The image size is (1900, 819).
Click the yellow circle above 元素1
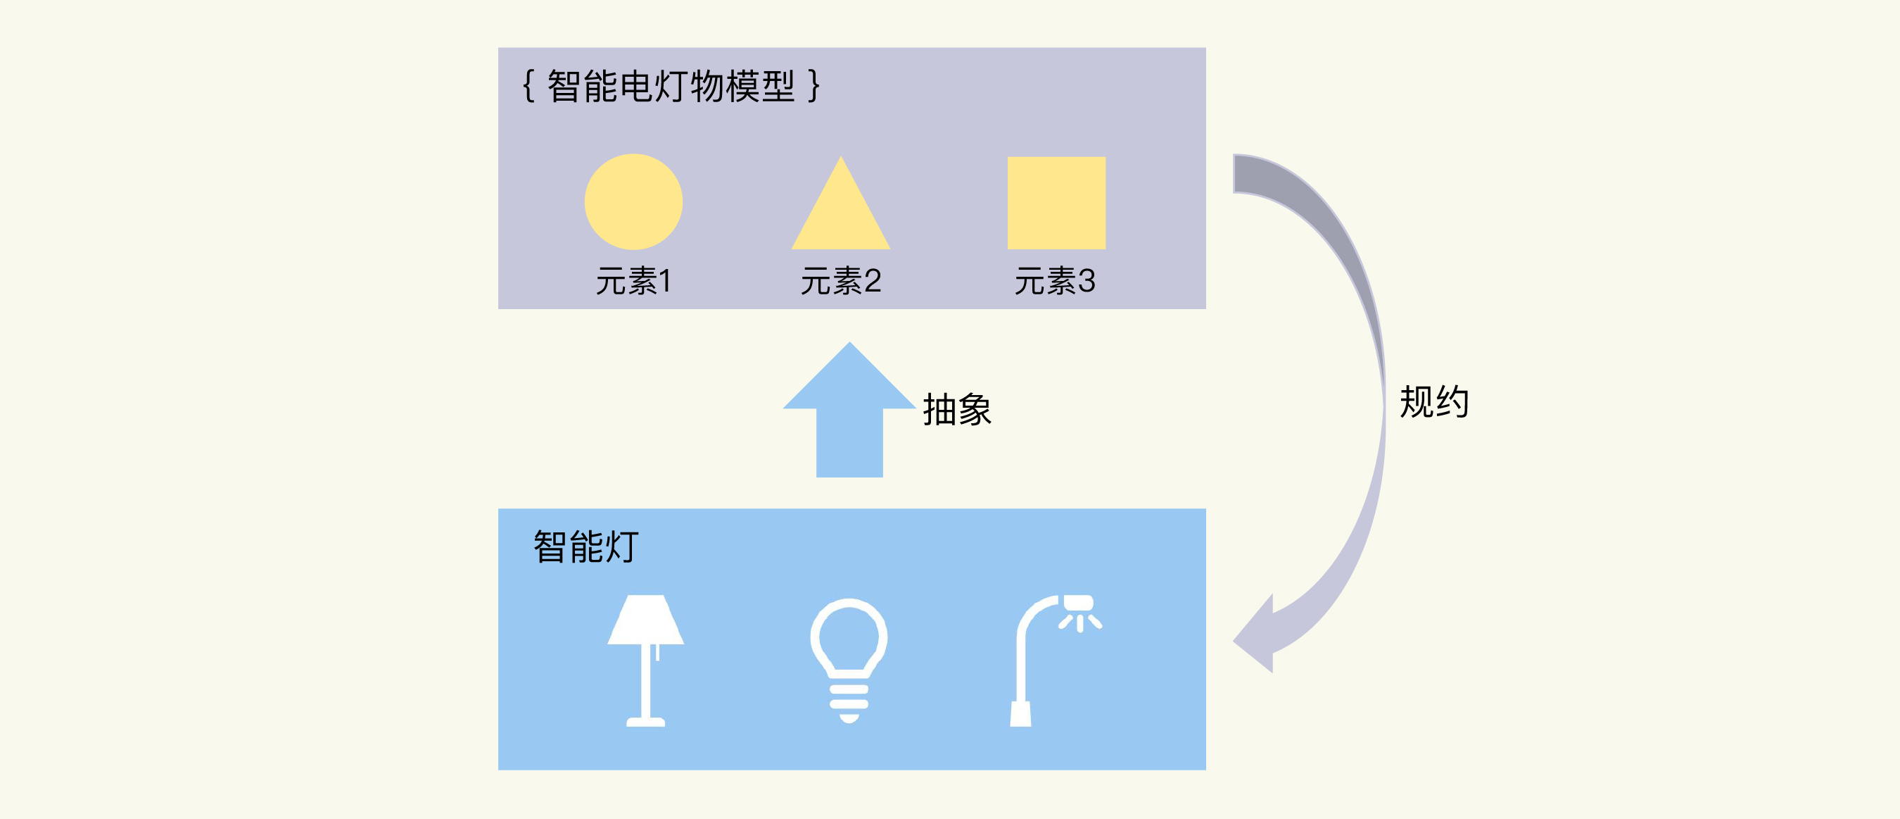[x=633, y=201]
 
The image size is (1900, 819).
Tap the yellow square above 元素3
[x=1056, y=202]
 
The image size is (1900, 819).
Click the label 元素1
[x=633, y=281]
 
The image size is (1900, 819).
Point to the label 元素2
[x=841, y=281]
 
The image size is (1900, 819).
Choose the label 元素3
[x=1055, y=281]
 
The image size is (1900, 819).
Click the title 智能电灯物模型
[x=671, y=87]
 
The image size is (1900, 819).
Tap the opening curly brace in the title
[x=528, y=87]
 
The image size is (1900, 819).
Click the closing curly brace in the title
[x=813, y=87]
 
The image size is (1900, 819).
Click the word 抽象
[x=956, y=410]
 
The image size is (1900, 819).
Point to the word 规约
[x=1434, y=402]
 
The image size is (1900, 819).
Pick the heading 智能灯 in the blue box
[x=585, y=546]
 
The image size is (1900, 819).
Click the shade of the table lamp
[x=645, y=620]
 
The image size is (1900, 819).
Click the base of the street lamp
[x=1021, y=713]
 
